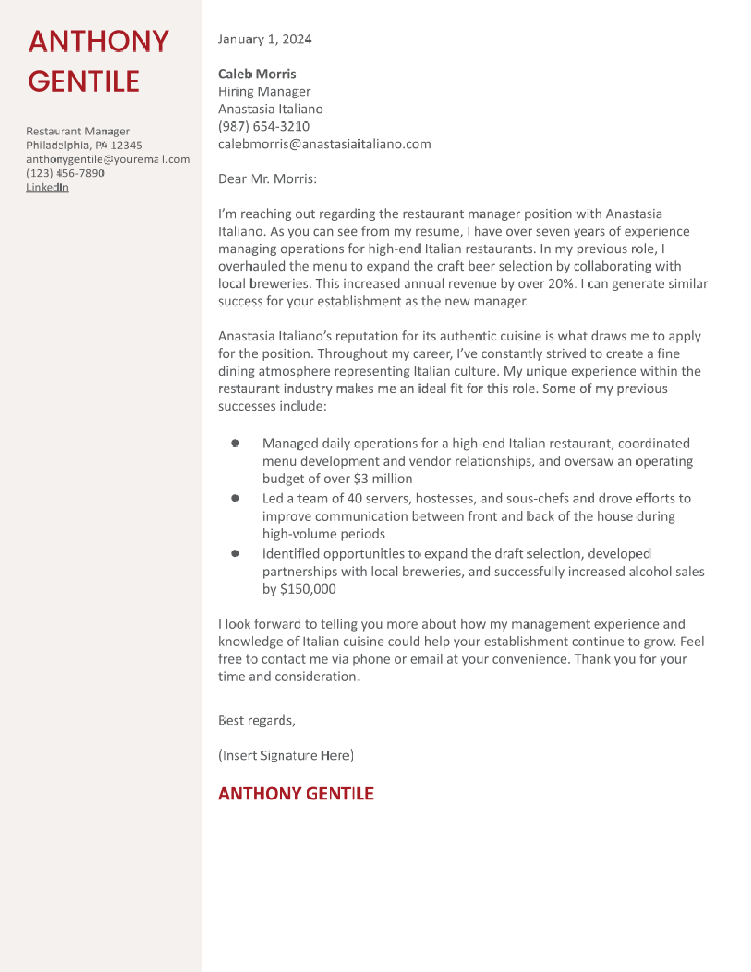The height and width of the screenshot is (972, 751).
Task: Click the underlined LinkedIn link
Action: tap(48, 187)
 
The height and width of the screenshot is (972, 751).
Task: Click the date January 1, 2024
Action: tap(265, 39)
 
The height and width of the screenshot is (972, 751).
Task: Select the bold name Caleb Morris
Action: tap(257, 74)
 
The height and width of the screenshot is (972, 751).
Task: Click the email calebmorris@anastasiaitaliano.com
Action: tap(324, 144)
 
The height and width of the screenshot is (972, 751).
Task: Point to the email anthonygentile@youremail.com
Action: tap(108, 159)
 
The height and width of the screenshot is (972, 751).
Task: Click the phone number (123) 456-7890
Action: tap(65, 173)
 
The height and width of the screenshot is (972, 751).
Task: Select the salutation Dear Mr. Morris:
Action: tap(267, 179)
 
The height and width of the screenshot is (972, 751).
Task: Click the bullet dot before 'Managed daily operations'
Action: tap(235, 443)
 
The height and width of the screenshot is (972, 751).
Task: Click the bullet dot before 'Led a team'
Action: tap(235, 498)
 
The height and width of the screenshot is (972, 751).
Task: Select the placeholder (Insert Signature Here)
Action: tap(286, 755)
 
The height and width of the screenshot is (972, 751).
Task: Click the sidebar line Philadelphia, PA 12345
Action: tap(84, 145)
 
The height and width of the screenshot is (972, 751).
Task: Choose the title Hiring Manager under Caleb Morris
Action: tap(264, 92)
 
